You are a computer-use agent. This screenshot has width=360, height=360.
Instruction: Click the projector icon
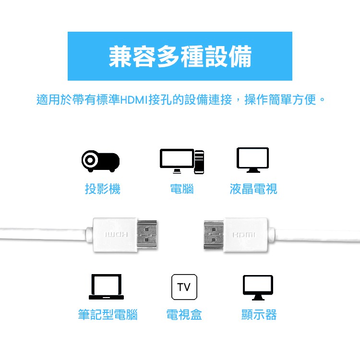(101, 161)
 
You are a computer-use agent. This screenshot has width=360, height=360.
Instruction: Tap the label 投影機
(103, 189)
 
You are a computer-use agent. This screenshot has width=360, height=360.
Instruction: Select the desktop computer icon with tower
(182, 161)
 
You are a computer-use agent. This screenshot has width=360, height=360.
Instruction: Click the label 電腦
(182, 189)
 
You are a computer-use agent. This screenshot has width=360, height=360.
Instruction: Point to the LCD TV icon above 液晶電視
(252, 160)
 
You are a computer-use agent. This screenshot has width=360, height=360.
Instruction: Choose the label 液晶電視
(253, 189)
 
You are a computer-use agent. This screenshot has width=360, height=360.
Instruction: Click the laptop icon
(106, 287)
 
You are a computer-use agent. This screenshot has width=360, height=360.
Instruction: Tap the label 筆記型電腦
(108, 314)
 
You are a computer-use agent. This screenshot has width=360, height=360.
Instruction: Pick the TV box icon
(184, 287)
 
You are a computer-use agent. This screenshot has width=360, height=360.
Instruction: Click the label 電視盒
(184, 314)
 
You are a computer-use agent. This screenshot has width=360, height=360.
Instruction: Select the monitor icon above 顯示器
(258, 288)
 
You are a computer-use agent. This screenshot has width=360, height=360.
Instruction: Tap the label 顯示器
(259, 314)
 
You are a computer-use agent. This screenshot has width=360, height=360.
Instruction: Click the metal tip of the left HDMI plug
(147, 234)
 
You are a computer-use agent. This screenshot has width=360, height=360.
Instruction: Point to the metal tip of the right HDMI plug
(214, 234)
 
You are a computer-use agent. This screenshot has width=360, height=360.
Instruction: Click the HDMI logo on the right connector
(244, 235)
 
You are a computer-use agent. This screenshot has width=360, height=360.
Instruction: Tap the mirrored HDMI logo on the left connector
(116, 235)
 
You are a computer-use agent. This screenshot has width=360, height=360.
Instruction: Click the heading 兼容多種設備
(180, 57)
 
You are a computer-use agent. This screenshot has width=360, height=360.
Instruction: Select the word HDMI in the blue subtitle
(134, 100)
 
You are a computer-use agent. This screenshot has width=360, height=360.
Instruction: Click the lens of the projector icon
(90, 160)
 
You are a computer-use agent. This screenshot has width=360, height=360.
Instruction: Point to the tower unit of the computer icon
(199, 162)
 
